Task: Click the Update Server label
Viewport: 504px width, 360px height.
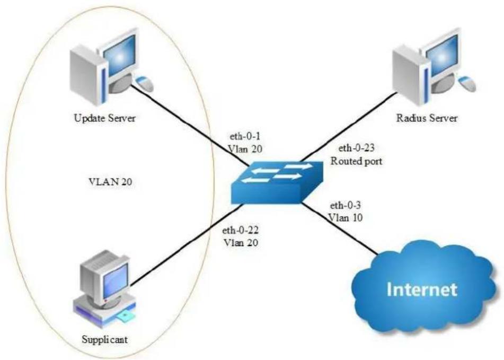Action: pos(105,118)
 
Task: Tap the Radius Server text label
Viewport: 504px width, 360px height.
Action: pos(427,118)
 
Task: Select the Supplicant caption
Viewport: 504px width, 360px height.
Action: pos(105,340)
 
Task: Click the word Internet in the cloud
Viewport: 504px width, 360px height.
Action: pos(422,289)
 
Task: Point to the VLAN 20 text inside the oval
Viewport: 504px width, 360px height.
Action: pos(110,182)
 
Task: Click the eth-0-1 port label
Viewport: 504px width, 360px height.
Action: pos(245,137)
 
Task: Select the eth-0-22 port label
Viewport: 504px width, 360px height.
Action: pos(241,231)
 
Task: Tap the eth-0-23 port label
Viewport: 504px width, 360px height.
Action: pos(357,148)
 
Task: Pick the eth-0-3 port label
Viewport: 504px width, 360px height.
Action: pos(346,205)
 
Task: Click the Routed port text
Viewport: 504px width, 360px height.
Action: pos(357,161)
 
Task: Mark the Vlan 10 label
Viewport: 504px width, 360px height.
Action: pos(346,218)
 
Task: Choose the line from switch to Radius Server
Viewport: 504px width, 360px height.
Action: pos(348,127)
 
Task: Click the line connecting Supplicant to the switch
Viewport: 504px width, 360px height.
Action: pos(186,244)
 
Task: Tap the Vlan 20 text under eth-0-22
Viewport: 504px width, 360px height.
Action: pos(241,243)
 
